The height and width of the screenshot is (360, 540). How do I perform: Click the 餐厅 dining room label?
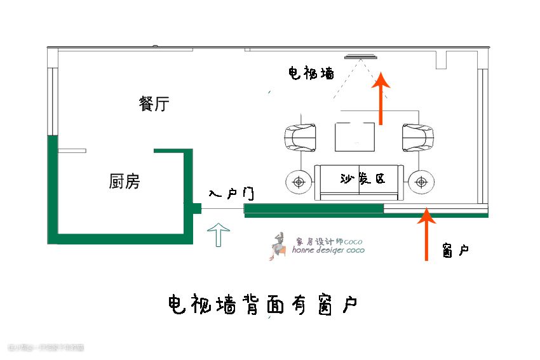pos(154,104)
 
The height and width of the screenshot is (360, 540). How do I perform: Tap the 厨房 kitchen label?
pos(125,182)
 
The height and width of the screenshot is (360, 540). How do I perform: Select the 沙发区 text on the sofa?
pos(362,179)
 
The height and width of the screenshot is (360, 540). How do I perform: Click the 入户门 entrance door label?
pos(231,192)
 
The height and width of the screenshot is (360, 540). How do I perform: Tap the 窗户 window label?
pos(456,251)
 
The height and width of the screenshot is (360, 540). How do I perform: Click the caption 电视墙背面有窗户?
pos(262,306)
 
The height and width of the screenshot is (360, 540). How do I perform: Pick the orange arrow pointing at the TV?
pos(381,98)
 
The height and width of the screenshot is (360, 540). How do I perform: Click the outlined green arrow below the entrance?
pos(219,234)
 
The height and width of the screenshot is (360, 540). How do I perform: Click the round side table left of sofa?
pos(298,182)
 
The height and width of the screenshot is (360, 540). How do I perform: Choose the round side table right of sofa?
pos(420,182)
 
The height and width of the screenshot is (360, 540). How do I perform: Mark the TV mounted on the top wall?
pos(361,57)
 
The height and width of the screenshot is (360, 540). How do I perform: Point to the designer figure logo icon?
pos(277,246)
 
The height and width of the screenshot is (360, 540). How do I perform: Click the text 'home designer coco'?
pos(328,250)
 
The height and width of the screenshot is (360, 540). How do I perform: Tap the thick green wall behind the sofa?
pos(314,208)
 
